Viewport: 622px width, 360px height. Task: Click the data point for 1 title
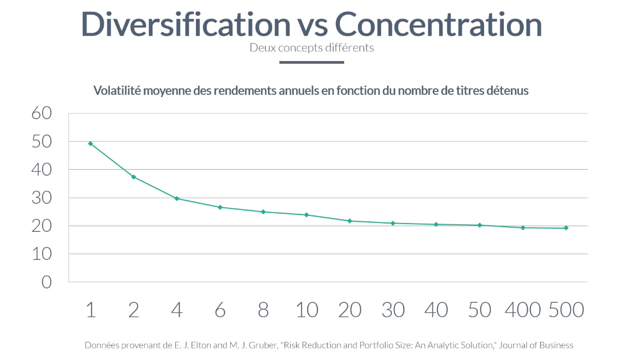click(x=90, y=144)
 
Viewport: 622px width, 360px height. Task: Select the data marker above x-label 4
click(x=177, y=199)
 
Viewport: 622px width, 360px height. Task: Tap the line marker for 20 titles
click(x=350, y=221)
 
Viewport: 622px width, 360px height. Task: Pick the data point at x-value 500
click(x=566, y=228)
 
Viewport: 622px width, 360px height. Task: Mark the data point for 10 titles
click(x=306, y=215)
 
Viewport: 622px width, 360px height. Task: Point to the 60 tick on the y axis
click(x=41, y=113)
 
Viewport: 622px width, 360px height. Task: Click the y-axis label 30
click(x=41, y=198)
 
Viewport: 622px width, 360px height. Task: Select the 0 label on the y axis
click(x=47, y=282)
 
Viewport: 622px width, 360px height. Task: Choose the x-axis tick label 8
click(x=263, y=310)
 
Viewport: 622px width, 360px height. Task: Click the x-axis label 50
click(x=479, y=310)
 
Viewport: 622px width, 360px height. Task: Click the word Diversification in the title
click(x=186, y=24)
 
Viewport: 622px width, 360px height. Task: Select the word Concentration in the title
click(x=439, y=24)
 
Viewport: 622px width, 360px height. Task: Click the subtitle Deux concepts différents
click(x=312, y=48)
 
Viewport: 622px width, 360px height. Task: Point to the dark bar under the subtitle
click(x=312, y=62)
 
